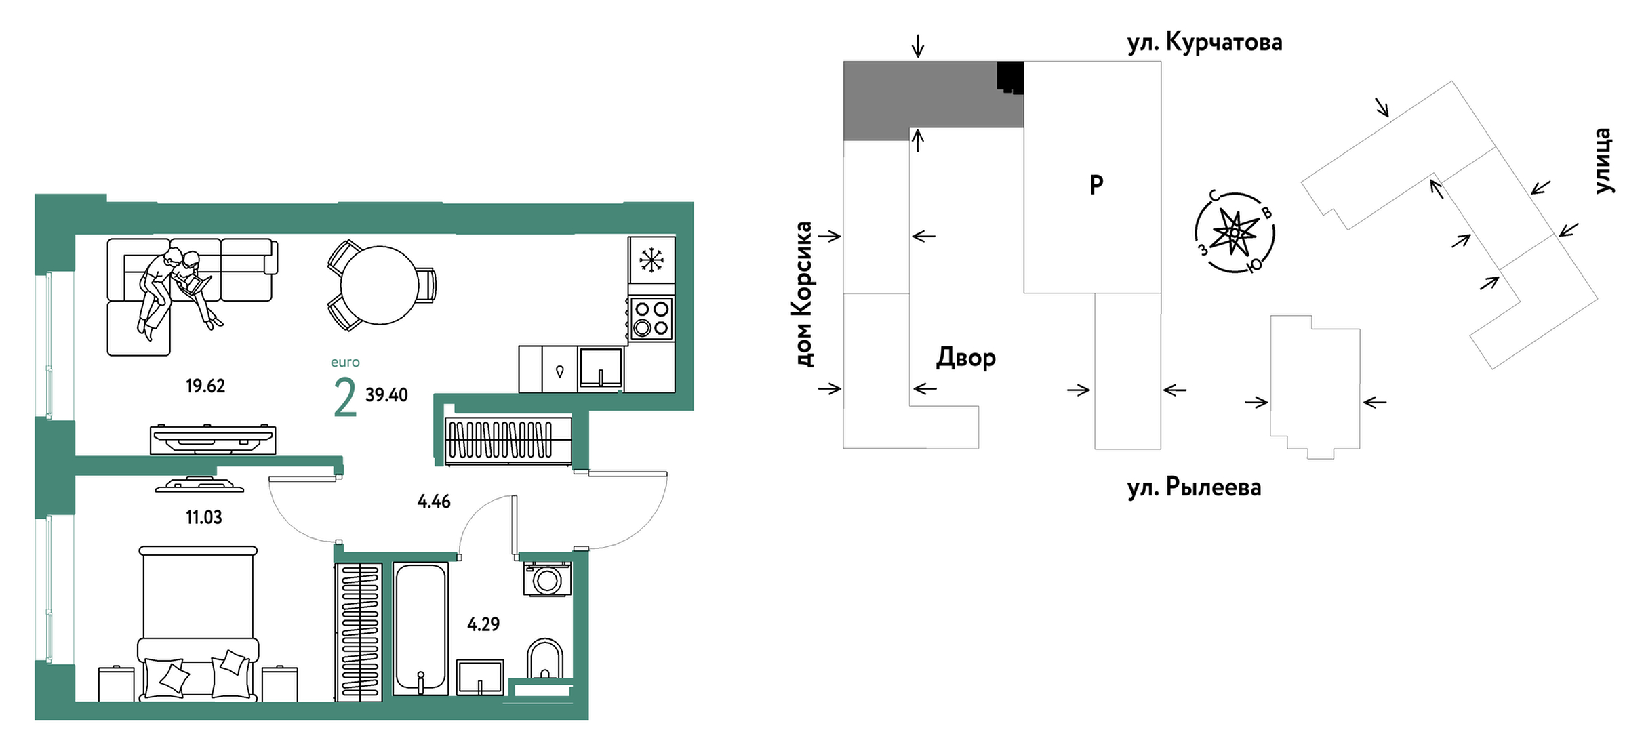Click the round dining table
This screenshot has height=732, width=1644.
pos(380,285)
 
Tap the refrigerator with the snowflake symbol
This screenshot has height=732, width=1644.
pos(651,260)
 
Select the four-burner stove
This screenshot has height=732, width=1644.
pos(651,319)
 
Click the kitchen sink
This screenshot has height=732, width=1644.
pos(601,369)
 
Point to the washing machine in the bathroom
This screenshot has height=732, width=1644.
pos(546,579)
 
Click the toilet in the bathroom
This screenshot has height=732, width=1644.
pos(545,659)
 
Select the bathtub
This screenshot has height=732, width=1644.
pos(420,628)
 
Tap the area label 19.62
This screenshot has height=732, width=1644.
pos(205,386)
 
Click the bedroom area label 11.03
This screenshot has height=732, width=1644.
pos(204,518)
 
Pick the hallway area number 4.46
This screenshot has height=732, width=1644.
pos(434,502)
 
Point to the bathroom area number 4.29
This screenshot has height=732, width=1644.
pos(483,624)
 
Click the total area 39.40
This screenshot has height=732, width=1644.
pos(386,395)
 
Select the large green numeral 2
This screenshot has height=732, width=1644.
pos(345,398)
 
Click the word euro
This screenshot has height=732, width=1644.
pos(345,363)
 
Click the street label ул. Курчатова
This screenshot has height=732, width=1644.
pos(1205,43)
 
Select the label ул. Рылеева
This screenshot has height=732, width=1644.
pos(1194,487)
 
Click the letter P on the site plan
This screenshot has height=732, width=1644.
pos(1096,184)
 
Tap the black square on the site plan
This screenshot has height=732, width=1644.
pos(1009,77)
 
